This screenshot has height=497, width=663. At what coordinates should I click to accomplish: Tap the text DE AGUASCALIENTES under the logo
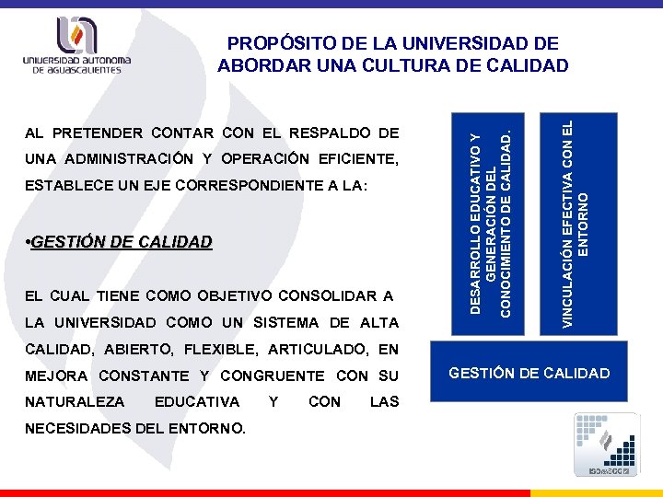coord(77,69)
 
